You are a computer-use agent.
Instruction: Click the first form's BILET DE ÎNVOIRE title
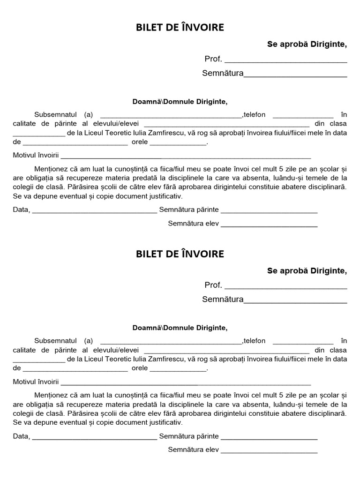tap(180, 28)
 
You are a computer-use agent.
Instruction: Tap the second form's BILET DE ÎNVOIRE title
tap(180, 254)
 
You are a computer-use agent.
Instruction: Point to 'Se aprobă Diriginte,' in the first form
tap(307, 45)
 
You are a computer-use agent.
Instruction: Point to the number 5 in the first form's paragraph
tap(268, 169)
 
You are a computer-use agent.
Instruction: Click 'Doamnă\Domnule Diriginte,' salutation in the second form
tap(180, 328)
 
